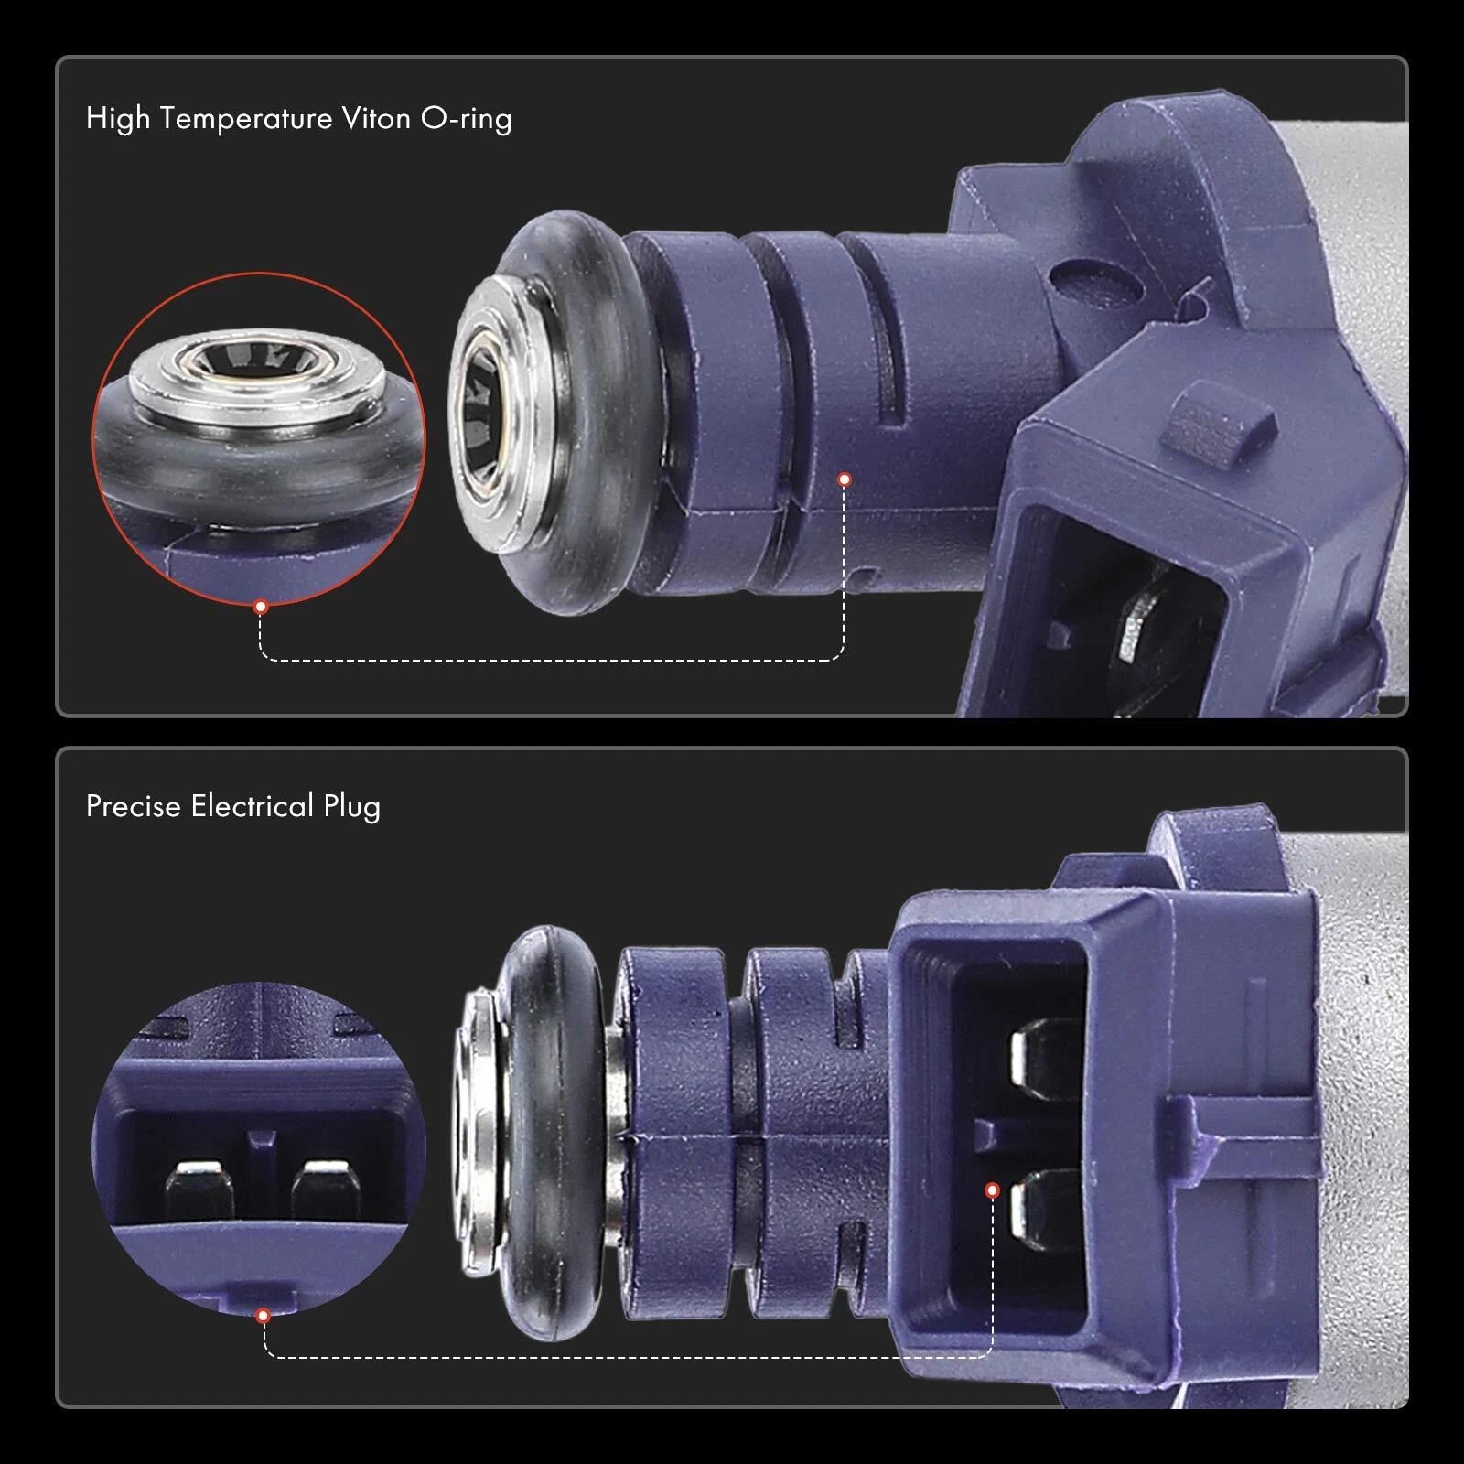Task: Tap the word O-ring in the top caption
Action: pyautogui.click(x=466, y=119)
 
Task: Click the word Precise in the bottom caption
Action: pyautogui.click(x=134, y=806)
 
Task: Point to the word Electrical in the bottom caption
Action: pyautogui.click(x=253, y=806)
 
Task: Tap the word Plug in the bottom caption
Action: pyautogui.click(x=352, y=807)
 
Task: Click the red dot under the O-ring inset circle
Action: pyautogui.click(x=261, y=607)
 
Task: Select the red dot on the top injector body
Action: pyautogui.click(x=845, y=479)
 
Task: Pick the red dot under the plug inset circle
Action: pyautogui.click(x=264, y=1316)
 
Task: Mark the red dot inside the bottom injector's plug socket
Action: pyautogui.click(x=992, y=1190)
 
